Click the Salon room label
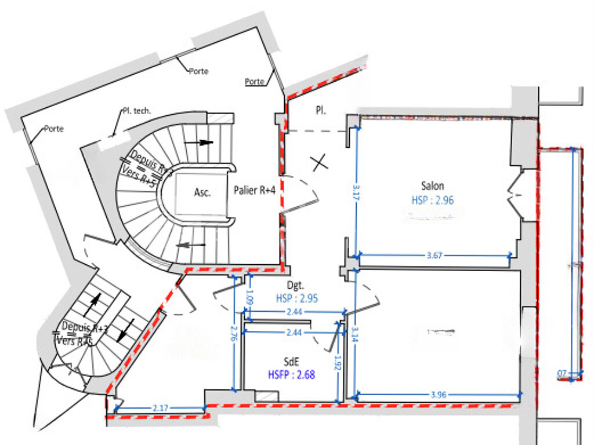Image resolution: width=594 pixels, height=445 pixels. click(x=433, y=186)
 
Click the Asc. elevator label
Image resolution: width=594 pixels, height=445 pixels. click(x=202, y=193)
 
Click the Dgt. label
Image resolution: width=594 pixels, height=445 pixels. click(x=296, y=285)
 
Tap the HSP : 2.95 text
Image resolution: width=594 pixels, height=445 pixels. click(x=296, y=298)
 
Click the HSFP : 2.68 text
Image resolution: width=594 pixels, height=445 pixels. click(x=291, y=375)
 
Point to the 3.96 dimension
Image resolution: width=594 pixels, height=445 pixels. click(x=439, y=396)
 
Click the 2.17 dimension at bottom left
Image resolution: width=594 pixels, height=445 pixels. click(x=161, y=408)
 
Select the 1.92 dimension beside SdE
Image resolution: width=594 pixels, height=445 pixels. click(x=337, y=363)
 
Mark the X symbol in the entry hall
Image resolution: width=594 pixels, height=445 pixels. click(x=318, y=163)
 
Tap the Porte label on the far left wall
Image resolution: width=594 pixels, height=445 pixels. click(x=54, y=129)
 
